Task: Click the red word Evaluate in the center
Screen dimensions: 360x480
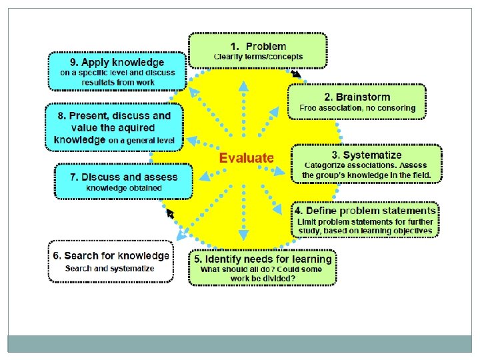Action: point(247,158)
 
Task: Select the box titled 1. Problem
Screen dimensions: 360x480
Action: point(258,51)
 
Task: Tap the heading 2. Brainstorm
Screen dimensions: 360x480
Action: point(357,97)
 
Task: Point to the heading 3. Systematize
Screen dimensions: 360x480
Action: point(366,155)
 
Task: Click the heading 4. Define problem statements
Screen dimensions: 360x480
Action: point(365,211)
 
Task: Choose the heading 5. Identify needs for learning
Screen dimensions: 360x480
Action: point(262,259)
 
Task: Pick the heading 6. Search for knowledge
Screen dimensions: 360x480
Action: point(111,255)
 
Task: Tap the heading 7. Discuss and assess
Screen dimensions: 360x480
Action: point(124,177)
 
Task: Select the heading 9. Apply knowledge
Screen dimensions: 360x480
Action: point(117,62)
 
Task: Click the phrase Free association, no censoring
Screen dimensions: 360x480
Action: point(357,108)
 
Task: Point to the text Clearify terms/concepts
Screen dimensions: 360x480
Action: point(258,57)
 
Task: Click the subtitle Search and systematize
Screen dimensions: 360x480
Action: point(110,269)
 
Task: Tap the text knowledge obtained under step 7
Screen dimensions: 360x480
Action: point(124,188)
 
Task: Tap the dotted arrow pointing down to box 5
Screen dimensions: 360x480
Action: point(243,227)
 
